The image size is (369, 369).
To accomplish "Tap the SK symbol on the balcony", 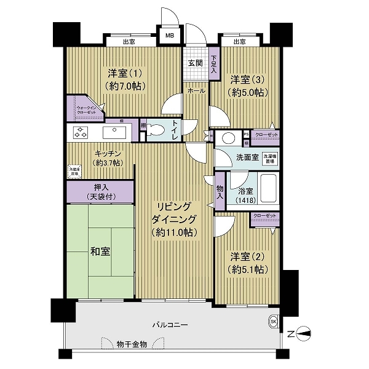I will coord(272,321).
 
